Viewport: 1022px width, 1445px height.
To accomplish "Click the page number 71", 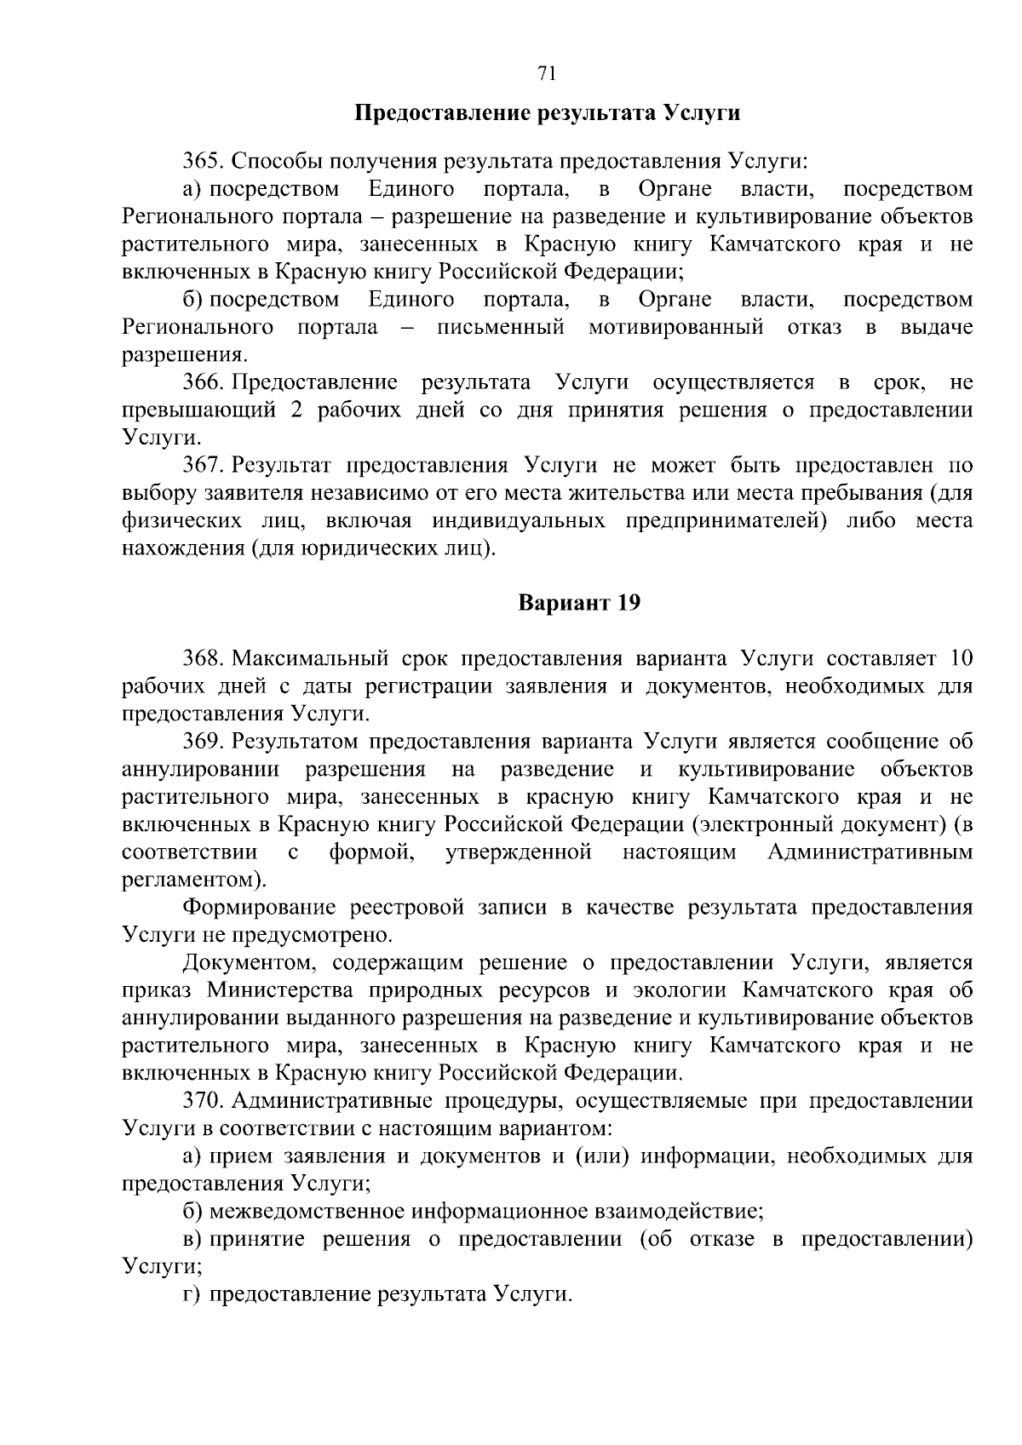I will click(547, 74).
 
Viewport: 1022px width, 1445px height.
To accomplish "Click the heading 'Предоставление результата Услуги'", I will click(547, 113).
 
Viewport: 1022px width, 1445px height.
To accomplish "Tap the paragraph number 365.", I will click(204, 160).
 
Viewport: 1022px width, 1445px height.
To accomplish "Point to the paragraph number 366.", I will click(204, 382).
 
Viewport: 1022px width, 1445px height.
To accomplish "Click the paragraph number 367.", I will click(204, 465).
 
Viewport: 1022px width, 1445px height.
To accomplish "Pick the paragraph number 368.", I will click(204, 658).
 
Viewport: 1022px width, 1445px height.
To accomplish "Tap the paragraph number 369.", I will click(204, 741).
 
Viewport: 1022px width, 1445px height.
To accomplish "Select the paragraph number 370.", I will click(204, 1101).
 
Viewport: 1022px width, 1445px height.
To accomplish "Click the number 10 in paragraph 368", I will click(960, 658).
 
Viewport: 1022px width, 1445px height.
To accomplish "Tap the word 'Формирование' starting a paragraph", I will click(251, 908).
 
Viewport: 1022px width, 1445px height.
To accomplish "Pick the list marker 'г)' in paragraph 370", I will click(192, 1295).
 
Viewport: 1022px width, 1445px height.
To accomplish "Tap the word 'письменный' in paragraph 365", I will click(501, 327).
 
